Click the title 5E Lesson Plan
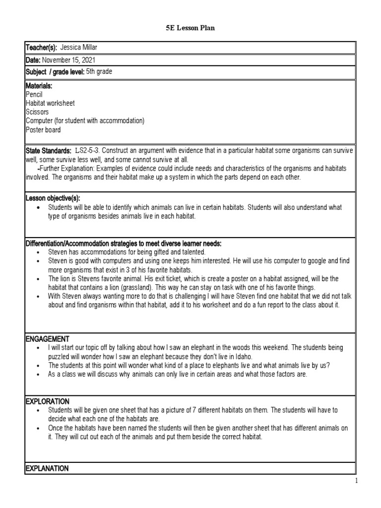click(190, 28)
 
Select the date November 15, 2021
click(65, 60)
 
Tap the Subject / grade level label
click(55, 72)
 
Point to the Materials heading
click(39, 86)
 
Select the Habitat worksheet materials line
click(50, 103)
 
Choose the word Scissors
click(37, 112)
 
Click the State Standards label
click(48, 150)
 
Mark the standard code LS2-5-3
click(88, 150)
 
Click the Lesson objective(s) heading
click(52, 197)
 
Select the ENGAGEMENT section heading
click(47, 338)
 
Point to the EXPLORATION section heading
click(48, 401)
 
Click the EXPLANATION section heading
click(48, 468)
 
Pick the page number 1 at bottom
click(356, 481)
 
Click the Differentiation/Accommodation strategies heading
click(123, 244)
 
